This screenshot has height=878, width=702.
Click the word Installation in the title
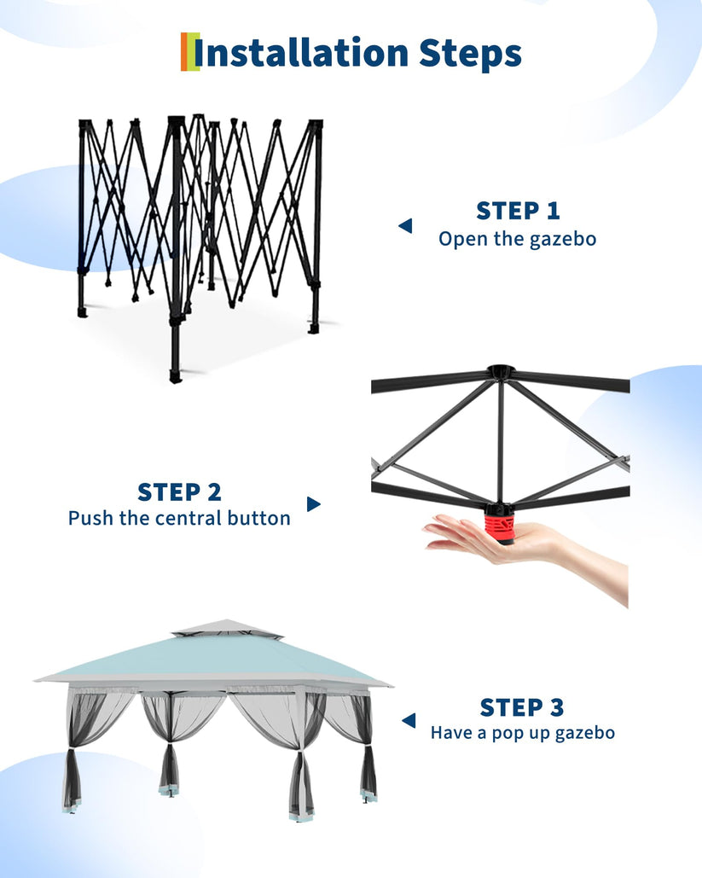(300, 53)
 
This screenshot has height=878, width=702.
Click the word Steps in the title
(470, 55)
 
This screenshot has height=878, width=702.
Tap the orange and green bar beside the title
(189, 51)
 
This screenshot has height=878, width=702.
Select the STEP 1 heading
(518, 211)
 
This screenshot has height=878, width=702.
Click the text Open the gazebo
(517, 239)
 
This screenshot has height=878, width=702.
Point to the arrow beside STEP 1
(405, 225)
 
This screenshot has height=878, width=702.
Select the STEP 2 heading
(179, 492)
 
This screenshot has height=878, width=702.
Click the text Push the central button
(179, 518)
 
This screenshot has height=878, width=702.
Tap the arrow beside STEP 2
(314, 504)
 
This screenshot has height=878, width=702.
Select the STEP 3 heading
(522, 707)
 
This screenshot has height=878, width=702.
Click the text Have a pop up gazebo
(523, 733)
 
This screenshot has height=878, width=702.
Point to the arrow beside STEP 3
(409, 720)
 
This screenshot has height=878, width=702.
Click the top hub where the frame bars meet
(500, 371)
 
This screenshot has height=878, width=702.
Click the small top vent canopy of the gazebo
(227, 630)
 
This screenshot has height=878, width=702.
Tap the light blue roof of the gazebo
(212, 660)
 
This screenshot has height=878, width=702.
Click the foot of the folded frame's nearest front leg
(176, 375)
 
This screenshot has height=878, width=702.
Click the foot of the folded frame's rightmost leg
(314, 327)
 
